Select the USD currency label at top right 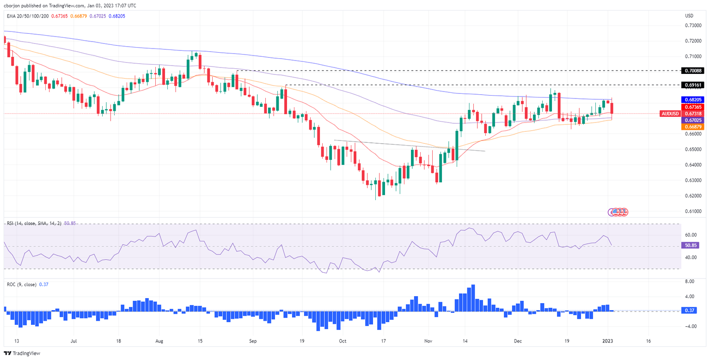tap(689, 16)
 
